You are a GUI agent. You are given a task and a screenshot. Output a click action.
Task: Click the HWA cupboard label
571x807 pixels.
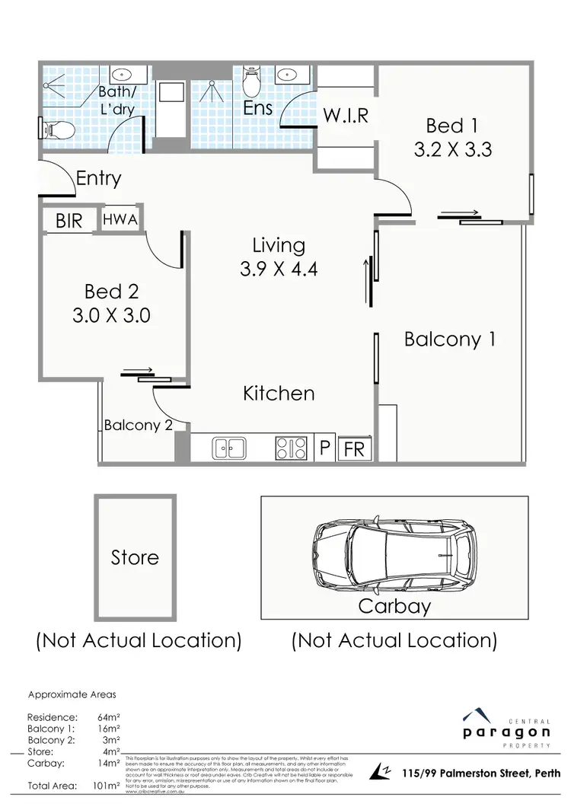[x=120, y=220]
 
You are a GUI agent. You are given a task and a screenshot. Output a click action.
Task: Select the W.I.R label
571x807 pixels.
[x=346, y=116]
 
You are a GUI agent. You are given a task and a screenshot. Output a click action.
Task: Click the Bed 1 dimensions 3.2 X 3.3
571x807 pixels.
[x=453, y=149]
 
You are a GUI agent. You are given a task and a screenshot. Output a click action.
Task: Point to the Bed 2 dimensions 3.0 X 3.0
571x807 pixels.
[x=111, y=315]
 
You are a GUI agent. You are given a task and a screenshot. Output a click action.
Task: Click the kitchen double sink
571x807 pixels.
[x=228, y=448]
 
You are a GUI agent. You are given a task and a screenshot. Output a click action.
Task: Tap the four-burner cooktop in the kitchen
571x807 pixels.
[x=291, y=448]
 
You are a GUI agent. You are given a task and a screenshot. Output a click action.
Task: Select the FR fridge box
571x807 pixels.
[x=354, y=449]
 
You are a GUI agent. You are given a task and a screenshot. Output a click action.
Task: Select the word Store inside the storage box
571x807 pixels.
[x=135, y=557]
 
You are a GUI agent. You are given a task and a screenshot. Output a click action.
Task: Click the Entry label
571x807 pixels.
[x=99, y=179]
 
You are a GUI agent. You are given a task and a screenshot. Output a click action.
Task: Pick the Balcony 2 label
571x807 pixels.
[x=138, y=426]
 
